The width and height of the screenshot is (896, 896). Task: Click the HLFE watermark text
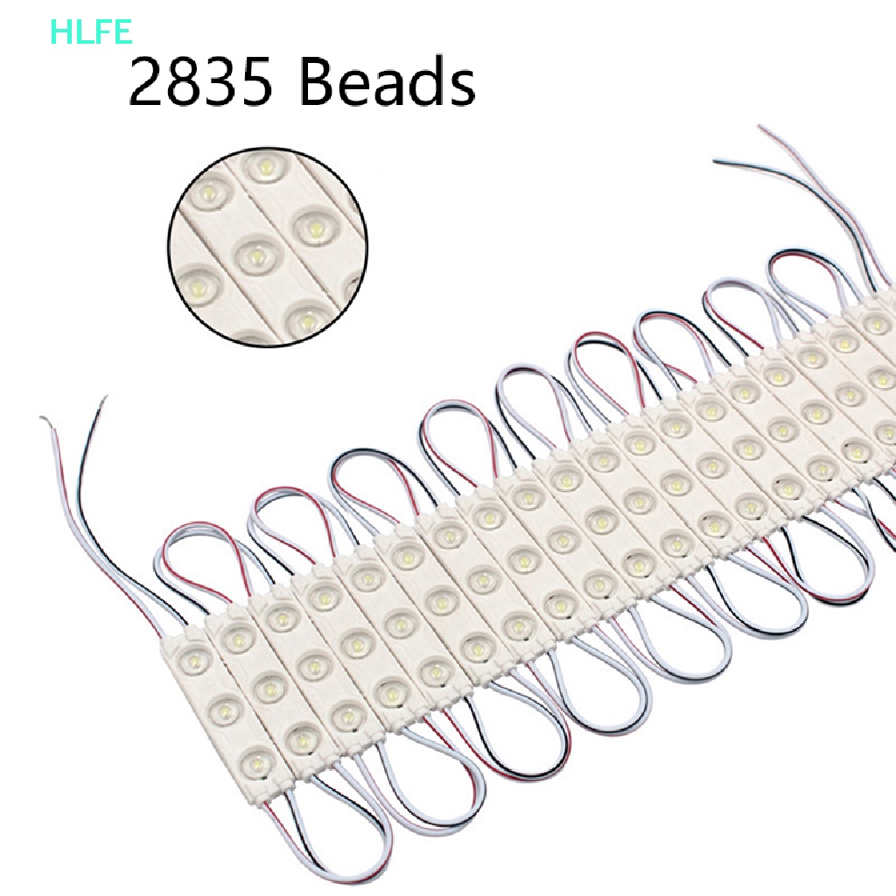[91, 31]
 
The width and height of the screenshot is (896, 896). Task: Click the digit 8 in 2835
[183, 82]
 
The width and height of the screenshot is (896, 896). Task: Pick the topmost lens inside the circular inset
[266, 167]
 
